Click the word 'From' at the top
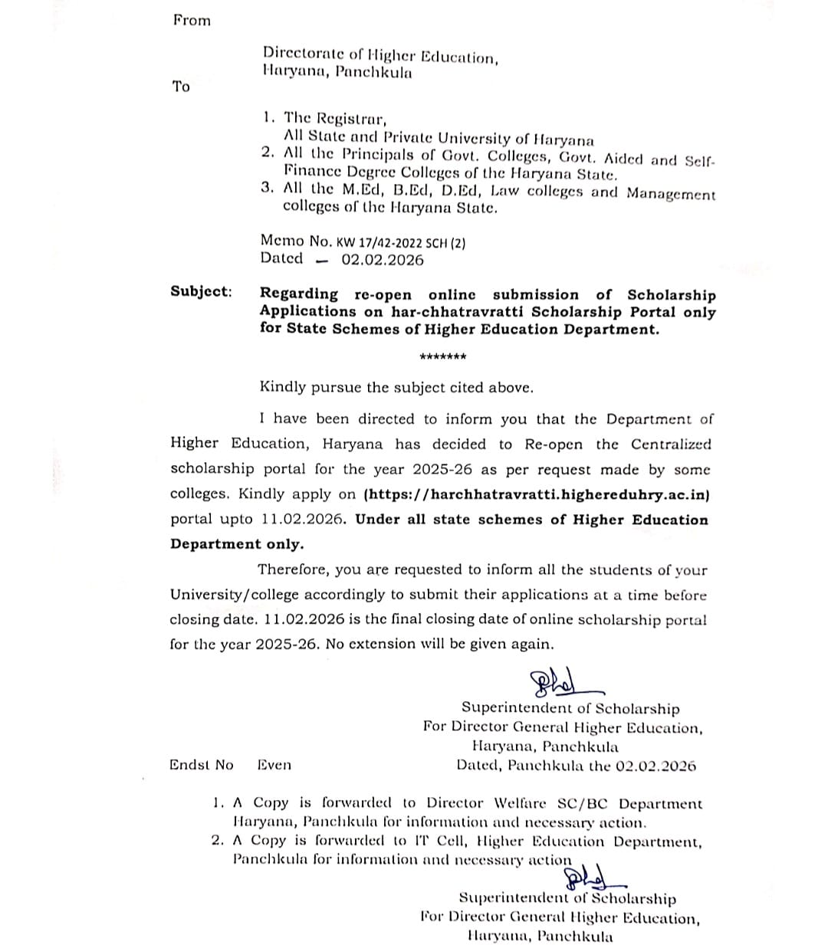(192, 21)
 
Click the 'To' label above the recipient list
(181, 87)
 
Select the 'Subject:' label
(201, 291)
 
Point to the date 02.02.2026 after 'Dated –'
(383, 260)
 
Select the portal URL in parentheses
(537, 494)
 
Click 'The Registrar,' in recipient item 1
(336, 119)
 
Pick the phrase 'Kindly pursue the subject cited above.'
(396, 388)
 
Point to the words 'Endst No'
(202, 765)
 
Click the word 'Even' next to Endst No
(274, 765)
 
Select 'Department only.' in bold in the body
(237, 544)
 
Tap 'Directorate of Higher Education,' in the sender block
(381, 56)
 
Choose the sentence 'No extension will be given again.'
(439, 644)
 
